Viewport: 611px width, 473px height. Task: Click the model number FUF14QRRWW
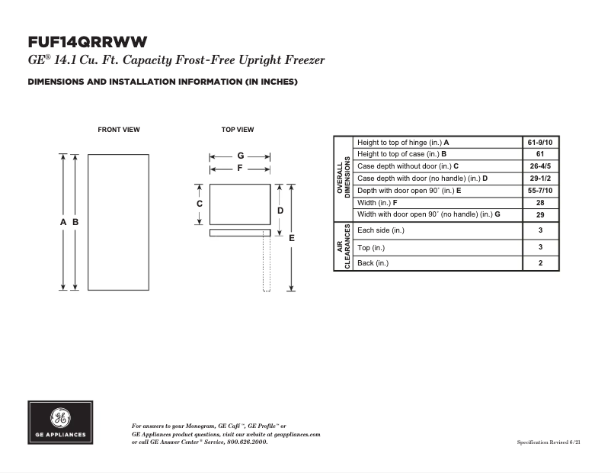click(x=87, y=41)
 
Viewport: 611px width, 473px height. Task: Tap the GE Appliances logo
click(x=60, y=423)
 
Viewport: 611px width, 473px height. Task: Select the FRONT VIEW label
click(x=119, y=130)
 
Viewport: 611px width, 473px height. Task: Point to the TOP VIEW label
click(x=238, y=130)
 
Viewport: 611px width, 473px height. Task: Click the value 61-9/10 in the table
click(x=539, y=143)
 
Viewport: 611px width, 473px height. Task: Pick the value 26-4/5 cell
click(x=539, y=166)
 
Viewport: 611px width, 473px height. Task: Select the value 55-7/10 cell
click(x=539, y=190)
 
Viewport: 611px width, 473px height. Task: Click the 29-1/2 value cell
click(x=539, y=178)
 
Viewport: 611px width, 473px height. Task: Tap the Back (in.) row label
click(x=373, y=263)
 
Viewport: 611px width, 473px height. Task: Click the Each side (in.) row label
click(x=381, y=230)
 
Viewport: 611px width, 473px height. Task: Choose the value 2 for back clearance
click(x=539, y=263)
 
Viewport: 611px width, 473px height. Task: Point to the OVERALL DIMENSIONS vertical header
click(x=344, y=178)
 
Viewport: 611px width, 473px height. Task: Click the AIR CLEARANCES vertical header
click(x=344, y=246)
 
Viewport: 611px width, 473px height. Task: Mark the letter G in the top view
click(x=240, y=156)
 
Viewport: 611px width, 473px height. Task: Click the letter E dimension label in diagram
click(x=292, y=238)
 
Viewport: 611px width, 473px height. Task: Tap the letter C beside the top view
click(x=200, y=204)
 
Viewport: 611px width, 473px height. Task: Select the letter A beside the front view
click(x=63, y=222)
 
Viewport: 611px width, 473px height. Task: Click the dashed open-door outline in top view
click(x=267, y=263)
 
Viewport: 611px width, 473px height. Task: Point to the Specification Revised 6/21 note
click(x=549, y=442)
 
